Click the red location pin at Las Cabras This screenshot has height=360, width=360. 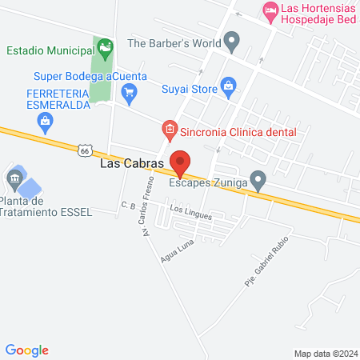[180, 162]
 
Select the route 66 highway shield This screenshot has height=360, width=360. [86, 149]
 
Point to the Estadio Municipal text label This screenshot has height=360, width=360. [48, 51]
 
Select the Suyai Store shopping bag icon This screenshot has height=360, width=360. [228, 85]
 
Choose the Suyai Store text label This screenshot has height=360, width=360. [189, 90]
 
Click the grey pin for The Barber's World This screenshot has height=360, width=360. [232, 39]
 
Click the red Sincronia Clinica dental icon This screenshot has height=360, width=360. [169, 128]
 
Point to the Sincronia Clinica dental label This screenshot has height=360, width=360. [238, 131]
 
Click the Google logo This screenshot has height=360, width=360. [27, 350]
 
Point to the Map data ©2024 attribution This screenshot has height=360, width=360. [324, 353]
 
